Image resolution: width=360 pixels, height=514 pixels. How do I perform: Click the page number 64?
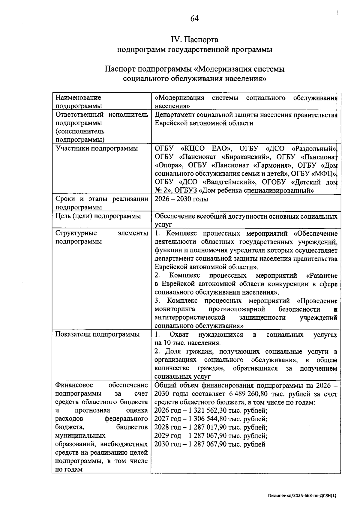194,19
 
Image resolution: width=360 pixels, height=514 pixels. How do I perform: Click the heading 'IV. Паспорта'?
194,40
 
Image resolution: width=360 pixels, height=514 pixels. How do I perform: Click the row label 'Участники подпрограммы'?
97,148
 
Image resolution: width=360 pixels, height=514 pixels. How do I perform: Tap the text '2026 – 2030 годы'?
181,199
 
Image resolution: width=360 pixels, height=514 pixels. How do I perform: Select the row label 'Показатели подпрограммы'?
97,334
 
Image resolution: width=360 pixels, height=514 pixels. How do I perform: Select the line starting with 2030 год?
210,444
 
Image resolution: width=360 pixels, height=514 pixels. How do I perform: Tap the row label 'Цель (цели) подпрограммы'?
98,216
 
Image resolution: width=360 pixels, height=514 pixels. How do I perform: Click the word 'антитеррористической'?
190,317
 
